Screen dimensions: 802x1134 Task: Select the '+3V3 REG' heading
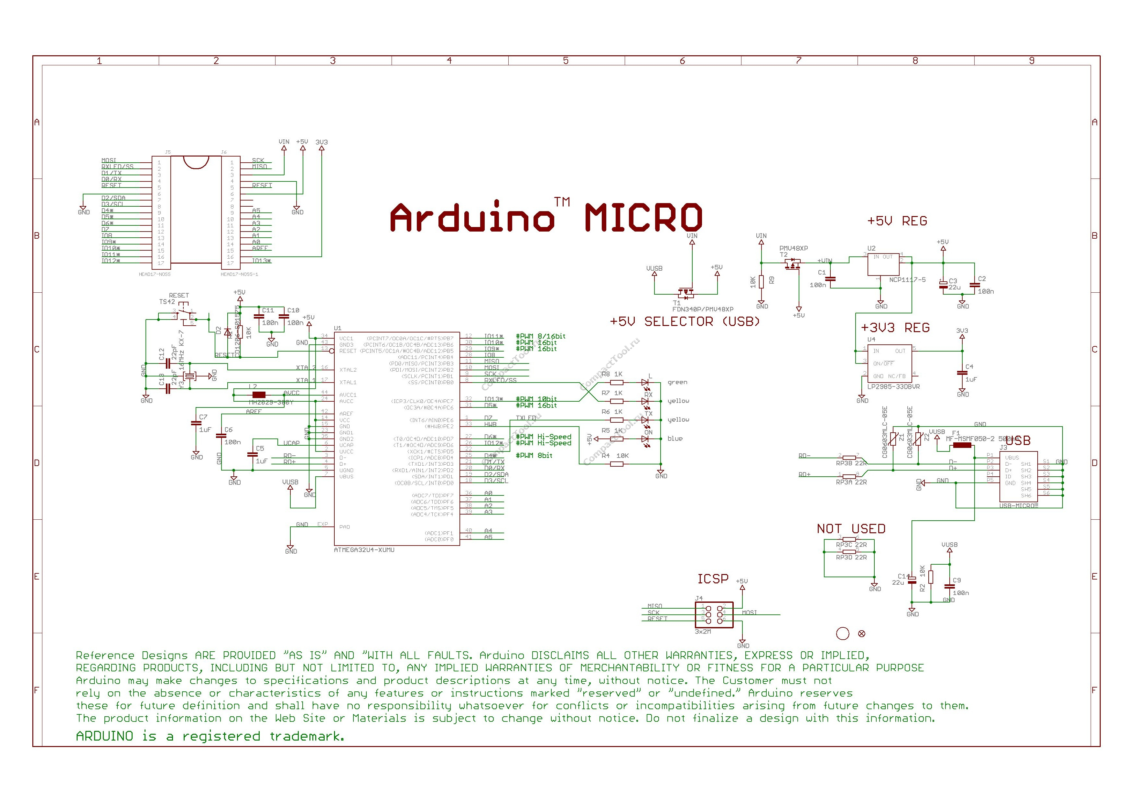[x=895, y=328]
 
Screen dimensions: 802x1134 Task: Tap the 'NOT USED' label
[x=851, y=529]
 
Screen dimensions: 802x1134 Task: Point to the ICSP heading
[x=713, y=579]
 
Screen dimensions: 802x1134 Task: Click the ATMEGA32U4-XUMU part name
[x=364, y=550]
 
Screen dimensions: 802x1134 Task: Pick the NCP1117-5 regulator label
[x=907, y=279]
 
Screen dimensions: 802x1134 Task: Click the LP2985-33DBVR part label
[x=893, y=387]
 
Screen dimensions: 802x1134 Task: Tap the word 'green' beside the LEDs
[x=677, y=382]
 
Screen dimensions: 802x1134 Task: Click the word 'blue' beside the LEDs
[x=675, y=439]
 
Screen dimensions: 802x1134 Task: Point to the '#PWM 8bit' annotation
[x=534, y=455]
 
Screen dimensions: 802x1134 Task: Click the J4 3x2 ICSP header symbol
[x=714, y=614]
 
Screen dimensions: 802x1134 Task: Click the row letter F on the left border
[x=37, y=690]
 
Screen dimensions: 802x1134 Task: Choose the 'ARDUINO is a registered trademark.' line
[x=210, y=736]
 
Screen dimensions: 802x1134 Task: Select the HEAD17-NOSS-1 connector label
[x=239, y=274]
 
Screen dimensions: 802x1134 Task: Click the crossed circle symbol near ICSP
[x=862, y=634]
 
